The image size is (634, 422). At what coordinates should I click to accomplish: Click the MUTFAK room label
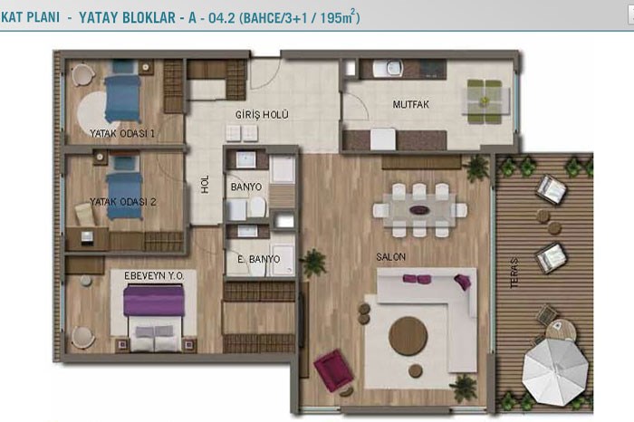click(x=411, y=104)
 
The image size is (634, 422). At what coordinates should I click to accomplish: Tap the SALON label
click(x=390, y=256)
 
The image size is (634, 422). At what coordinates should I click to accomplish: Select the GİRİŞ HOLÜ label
click(x=262, y=115)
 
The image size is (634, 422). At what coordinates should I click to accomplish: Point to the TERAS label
click(x=514, y=273)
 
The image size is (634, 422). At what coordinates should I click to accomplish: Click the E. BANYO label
click(x=259, y=259)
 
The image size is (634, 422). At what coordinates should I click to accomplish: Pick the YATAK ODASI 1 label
click(x=122, y=133)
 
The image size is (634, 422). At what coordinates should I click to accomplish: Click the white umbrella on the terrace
click(x=554, y=371)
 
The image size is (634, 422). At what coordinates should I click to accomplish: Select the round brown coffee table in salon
click(x=408, y=336)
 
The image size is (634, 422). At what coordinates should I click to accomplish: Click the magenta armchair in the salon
click(x=333, y=370)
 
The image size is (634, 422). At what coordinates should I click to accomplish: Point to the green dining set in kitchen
click(x=485, y=101)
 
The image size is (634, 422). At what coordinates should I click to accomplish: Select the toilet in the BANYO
click(x=257, y=206)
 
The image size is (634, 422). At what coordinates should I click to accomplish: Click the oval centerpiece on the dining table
click(x=419, y=210)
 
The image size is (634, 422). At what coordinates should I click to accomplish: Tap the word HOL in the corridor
click(x=206, y=184)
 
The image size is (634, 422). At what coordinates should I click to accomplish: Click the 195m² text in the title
click(x=338, y=18)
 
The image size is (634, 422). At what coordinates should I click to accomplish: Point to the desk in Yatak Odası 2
click(x=87, y=239)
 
